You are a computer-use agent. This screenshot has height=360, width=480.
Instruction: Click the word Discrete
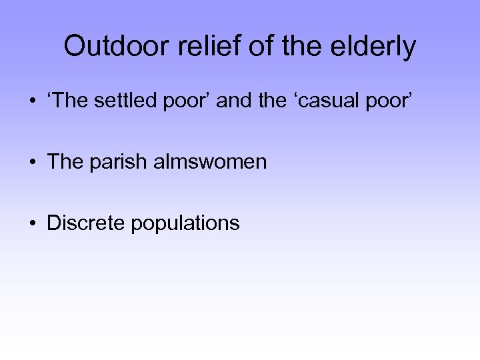coord(86,223)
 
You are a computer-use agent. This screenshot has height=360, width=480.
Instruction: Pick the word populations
coord(185,224)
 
